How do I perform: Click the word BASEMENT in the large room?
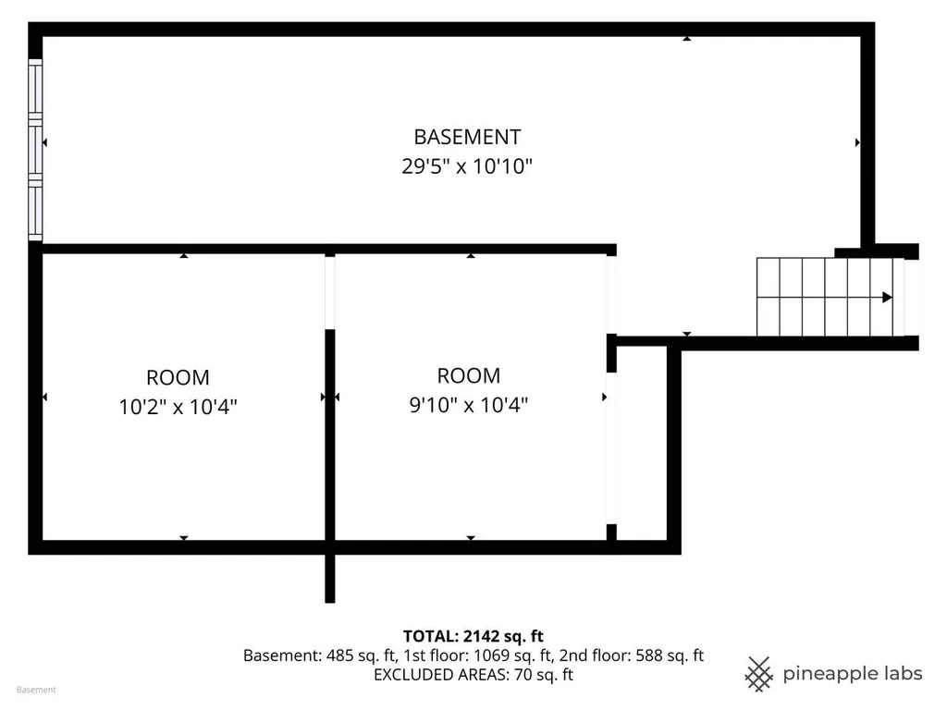(467, 137)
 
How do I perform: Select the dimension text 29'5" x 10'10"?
(467, 166)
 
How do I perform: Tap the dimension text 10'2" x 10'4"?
(178, 407)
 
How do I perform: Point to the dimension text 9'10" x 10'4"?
(469, 405)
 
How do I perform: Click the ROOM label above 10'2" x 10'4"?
(178, 378)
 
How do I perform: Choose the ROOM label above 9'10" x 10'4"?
(469, 375)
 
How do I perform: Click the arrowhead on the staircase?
(887, 297)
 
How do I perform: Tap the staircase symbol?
(830, 297)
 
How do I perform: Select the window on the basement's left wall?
(35, 150)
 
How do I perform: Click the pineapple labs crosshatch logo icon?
(758, 674)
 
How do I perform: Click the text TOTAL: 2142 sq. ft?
(473, 636)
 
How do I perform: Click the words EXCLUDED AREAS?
(441, 675)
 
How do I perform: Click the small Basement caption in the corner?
(36, 690)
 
